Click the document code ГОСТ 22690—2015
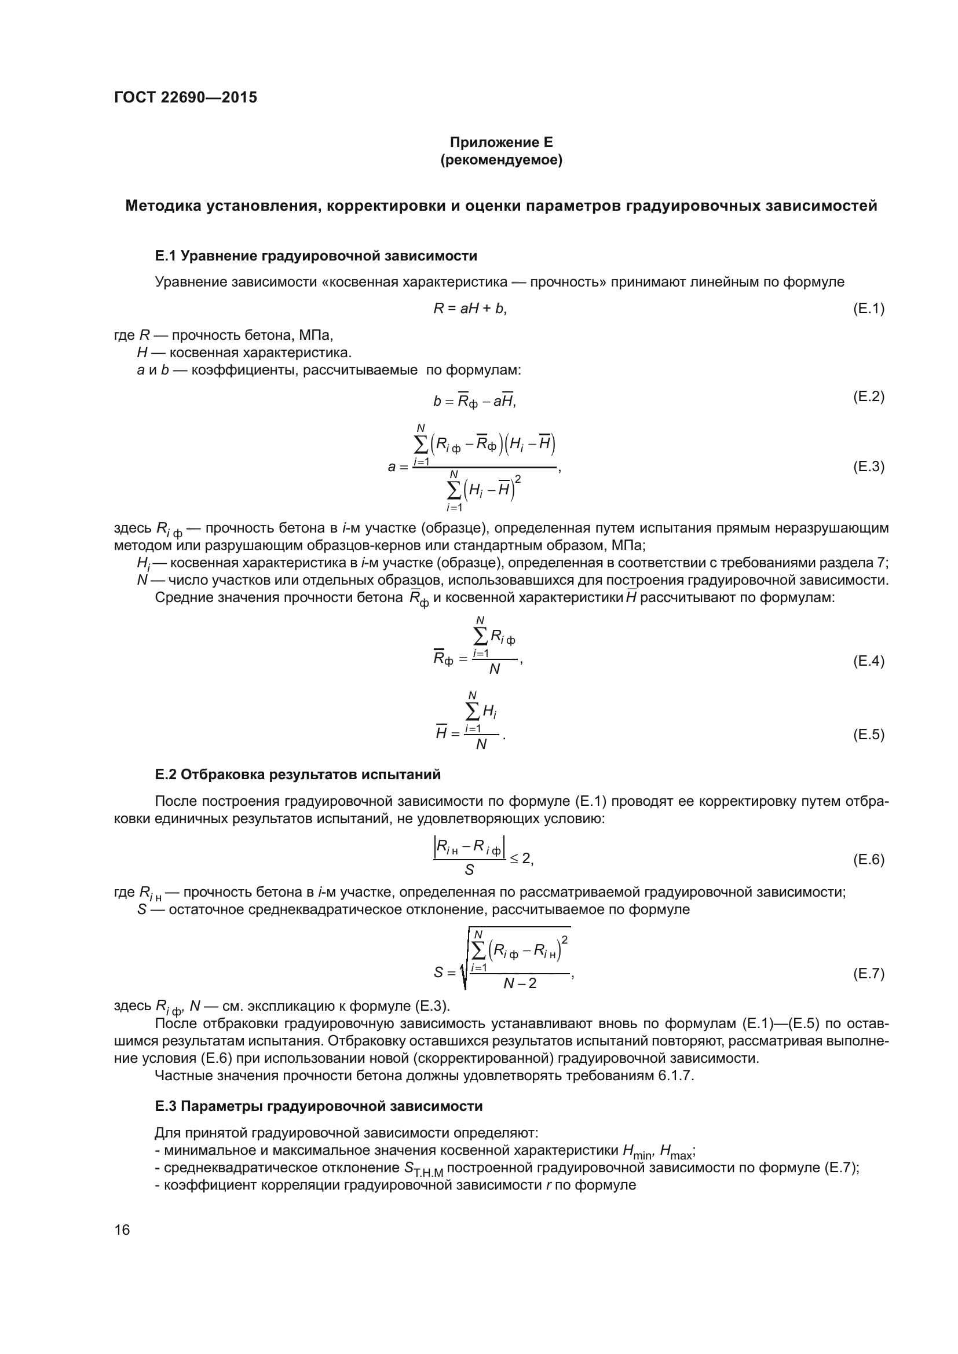pyautogui.click(x=185, y=97)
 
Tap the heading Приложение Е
pyautogui.click(x=501, y=142)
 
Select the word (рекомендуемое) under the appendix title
pyautogui.click(x=501, y=160)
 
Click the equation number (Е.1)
pyautogui.click(x=868, y=309)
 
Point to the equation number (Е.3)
pyautogui.click(x=868, y=467)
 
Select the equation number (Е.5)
pyautogui.click(x=868, y=734)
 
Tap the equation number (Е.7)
pyautogui.click(x=868, y=973)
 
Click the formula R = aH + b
pyautogui.click(x=470, y=309)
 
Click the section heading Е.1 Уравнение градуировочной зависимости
pyautogui.click(x=316, y=256)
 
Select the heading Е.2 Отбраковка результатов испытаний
pyautogui.click(x=297, y=775)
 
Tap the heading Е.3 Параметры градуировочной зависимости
pyautogui.click(x=319, y=1106)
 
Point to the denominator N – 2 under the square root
pyautogui.click(x=520, y=984)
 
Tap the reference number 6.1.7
pyautogui.click(x=675, y=1076)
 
